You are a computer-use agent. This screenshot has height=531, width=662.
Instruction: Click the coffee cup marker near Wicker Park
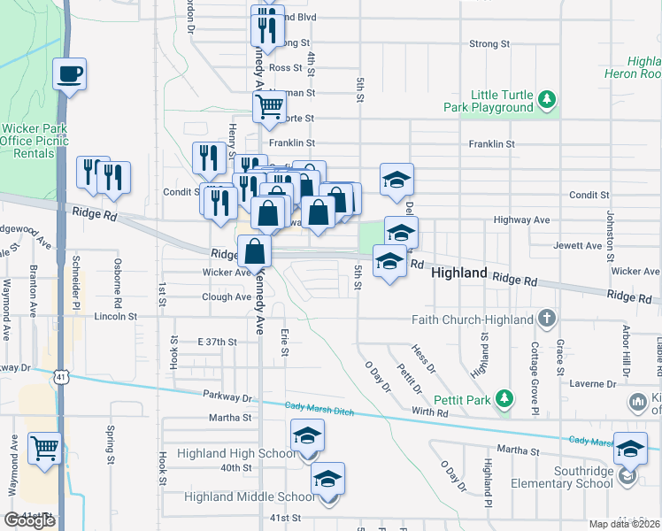click(x=69, y=74)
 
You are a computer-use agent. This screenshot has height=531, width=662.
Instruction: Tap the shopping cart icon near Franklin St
click(x=269, y=107)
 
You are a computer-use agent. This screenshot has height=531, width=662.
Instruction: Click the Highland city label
click(x=459, y=273)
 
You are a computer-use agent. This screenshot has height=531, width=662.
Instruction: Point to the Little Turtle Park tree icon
click(x=548, y=100)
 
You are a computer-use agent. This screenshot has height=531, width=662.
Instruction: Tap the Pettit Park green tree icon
click(x=504, y=399)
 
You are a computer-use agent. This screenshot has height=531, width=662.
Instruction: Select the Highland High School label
click(x=236, y=453)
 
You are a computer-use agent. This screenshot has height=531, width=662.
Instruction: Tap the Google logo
click(x=30, y=520)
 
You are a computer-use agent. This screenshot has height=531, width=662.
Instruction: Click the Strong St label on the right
click(x=490, y=43)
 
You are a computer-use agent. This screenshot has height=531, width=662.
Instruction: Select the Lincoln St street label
click(x=116, y=315)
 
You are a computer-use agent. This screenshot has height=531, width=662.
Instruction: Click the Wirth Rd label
click(x=430, y=412)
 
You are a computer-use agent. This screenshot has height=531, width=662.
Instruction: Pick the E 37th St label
click(x=219, y=342)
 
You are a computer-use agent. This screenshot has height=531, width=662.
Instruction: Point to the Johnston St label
click(x=610, y=230)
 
